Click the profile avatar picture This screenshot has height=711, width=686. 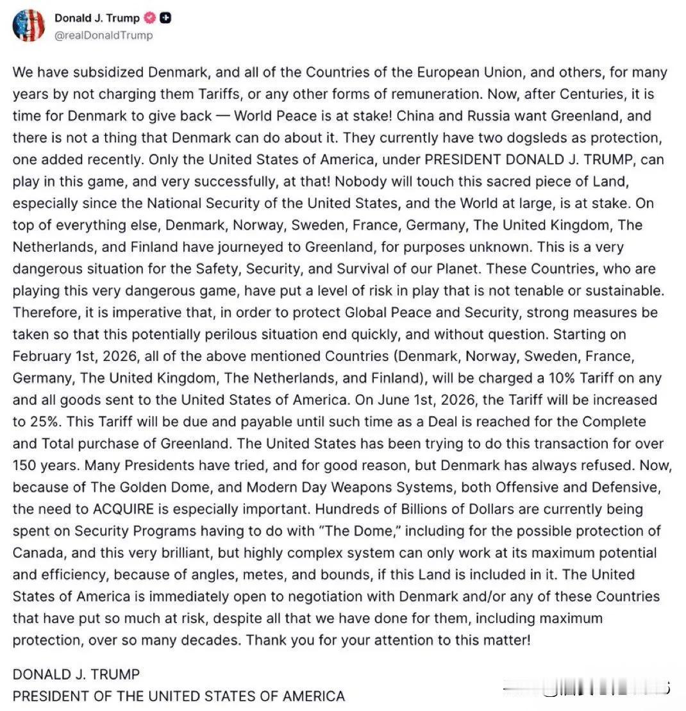28,26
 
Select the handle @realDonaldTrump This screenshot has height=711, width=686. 104,35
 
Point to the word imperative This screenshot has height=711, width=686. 119,312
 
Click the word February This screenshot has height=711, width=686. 42,356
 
